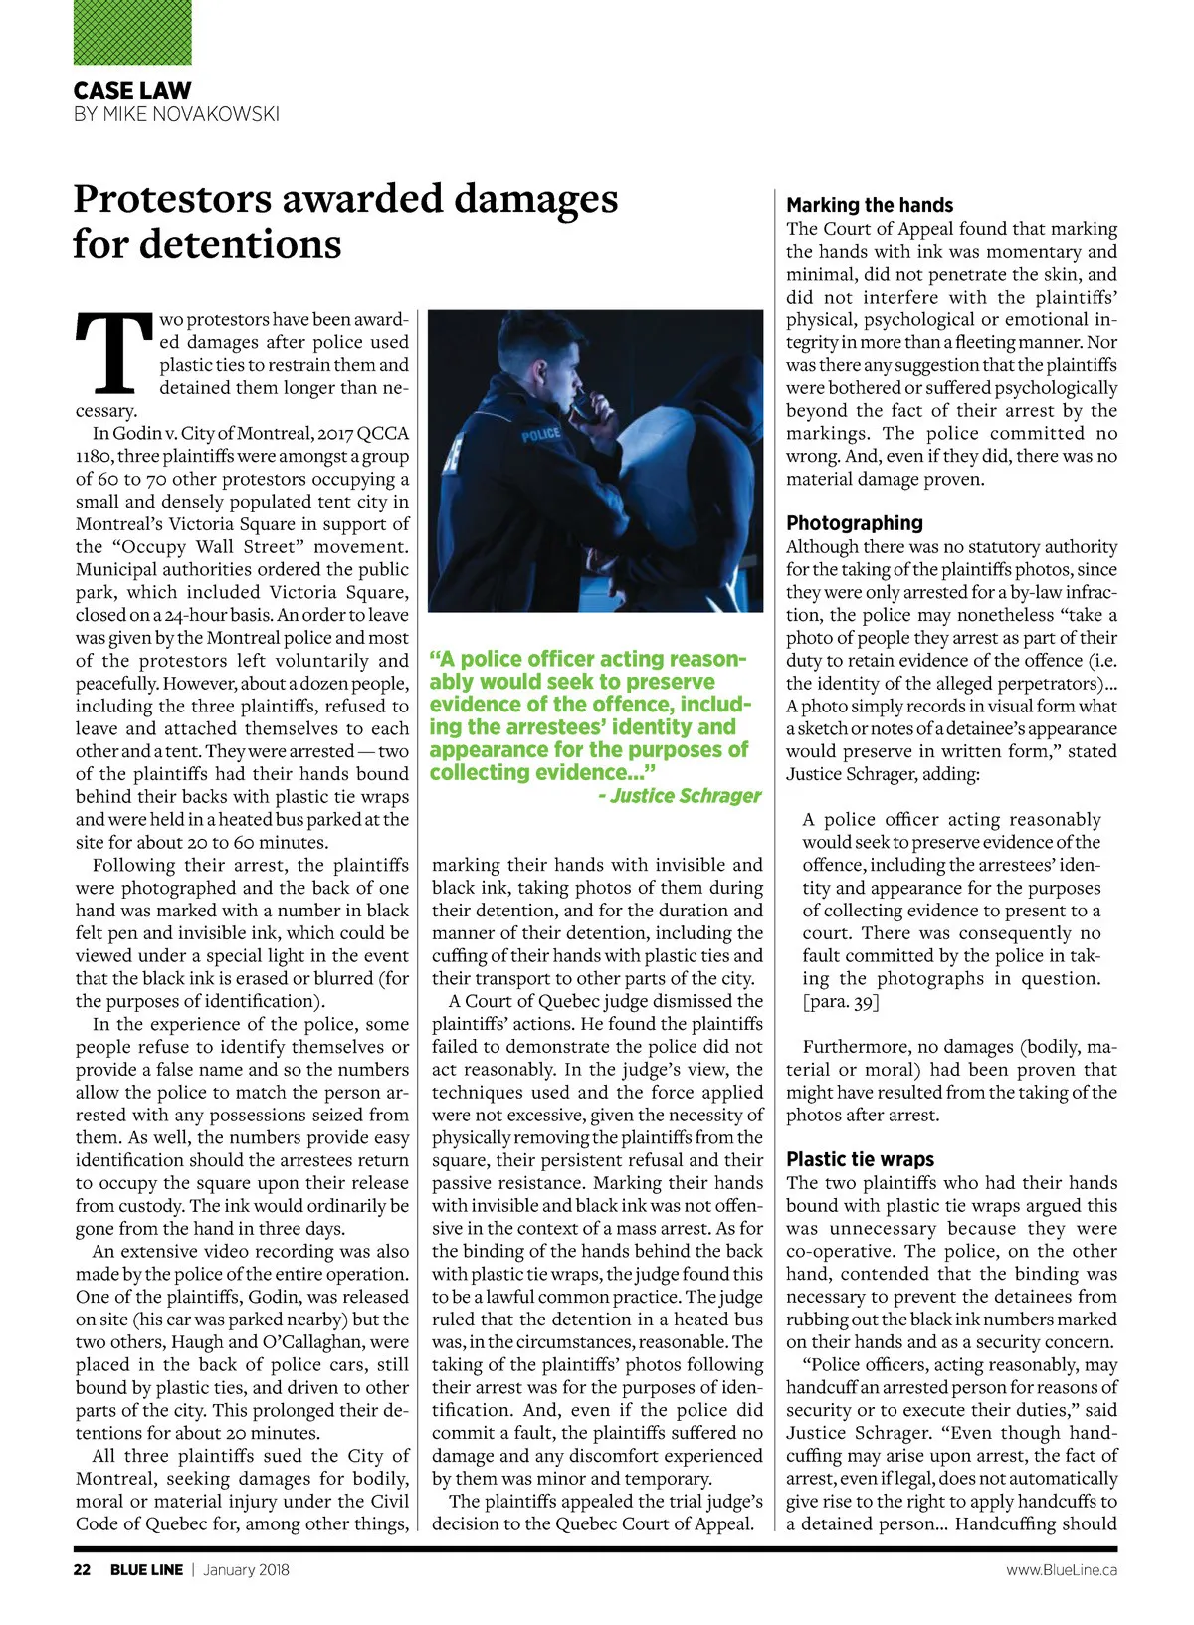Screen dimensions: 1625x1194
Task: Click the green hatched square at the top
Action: click(132, 33)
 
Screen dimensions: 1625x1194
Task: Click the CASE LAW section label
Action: click(132, 90)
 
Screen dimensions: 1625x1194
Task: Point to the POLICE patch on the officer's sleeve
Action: click(541, 434)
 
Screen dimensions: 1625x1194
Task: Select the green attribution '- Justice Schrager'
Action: click(680, 796)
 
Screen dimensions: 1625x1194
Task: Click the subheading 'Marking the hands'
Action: click(869, 205)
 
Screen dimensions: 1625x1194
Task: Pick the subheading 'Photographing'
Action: click(854, 523)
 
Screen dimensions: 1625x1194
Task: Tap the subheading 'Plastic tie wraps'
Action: click(860, 1159)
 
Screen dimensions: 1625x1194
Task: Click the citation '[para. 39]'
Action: click(841, 1001)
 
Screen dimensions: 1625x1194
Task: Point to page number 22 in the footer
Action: click(82, 1570)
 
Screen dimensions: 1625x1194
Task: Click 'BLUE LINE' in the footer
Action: click(146, 1570)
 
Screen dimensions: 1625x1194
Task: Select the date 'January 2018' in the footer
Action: click(246, 1570)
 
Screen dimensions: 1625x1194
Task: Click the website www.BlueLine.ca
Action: click(1061, 1570)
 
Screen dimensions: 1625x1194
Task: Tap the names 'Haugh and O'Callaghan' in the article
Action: click(249, 1342)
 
